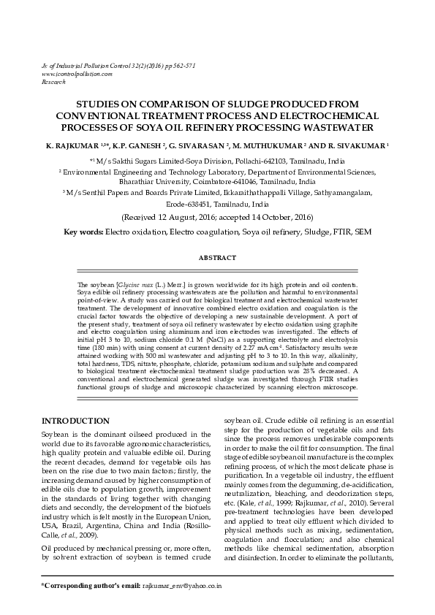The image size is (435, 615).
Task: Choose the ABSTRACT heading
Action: pos(217,258)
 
